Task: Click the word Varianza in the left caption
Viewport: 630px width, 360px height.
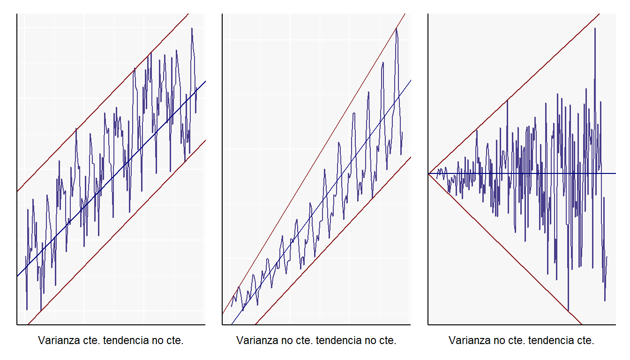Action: pos(59,340)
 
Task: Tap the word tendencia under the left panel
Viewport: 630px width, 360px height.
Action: pos(126,340)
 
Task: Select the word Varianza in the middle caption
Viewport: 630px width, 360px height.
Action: pos(257,340)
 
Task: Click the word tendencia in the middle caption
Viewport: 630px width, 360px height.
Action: pos(338,340)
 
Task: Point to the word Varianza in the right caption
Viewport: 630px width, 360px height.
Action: pos(470,340)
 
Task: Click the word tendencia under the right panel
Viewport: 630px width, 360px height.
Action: pos(551,340)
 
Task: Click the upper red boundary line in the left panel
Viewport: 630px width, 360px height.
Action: pos(103,102)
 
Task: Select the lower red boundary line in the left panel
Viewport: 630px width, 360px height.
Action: pos(117,232)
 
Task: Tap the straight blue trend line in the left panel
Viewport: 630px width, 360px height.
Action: pos(112,179)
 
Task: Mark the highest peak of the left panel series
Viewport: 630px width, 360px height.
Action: pos(192,28)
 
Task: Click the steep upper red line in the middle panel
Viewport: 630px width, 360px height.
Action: pos(314,164)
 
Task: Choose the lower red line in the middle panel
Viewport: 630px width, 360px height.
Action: pos(333,241)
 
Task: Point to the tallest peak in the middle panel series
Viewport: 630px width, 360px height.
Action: pos(396,29)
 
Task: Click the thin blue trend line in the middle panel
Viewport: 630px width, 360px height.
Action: pos(321,202)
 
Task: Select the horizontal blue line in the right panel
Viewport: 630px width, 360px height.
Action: pos(522,173)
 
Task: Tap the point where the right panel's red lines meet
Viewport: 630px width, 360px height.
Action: pos(428,174)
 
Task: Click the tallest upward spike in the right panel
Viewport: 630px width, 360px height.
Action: pos(595,28)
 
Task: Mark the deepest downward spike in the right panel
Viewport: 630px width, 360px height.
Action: pos(569,310)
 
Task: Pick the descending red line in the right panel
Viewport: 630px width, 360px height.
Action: pos(505,249)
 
